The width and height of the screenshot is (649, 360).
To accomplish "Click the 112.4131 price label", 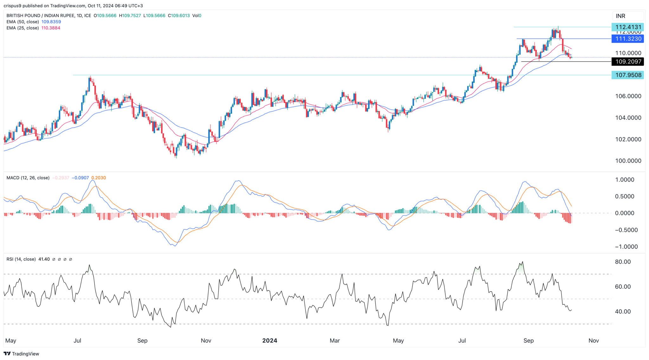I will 628,27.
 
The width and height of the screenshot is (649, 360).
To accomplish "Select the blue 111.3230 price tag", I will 628,39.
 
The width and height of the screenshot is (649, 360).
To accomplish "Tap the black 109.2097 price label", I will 628,61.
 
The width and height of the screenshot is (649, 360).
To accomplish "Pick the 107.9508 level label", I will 628,75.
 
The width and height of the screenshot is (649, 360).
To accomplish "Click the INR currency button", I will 621,16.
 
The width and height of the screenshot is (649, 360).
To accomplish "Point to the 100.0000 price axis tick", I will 628,161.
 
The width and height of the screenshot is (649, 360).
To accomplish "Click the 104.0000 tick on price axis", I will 628,118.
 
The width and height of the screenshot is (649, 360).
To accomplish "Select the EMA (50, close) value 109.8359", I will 51,22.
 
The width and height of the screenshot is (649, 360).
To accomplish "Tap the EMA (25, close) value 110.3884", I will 51,28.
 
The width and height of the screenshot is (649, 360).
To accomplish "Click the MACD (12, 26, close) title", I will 28,178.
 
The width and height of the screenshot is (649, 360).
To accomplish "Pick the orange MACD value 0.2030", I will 99,178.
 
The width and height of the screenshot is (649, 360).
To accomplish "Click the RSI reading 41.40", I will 44,259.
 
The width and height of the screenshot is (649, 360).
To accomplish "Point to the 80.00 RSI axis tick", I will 623,262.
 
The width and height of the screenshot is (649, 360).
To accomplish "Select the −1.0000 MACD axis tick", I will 626,247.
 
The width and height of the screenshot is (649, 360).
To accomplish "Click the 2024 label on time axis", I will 270,341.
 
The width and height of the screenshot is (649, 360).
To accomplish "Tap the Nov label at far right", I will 594,341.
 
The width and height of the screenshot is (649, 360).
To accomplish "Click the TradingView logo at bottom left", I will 21,354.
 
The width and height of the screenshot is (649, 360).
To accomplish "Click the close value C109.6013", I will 179,16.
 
